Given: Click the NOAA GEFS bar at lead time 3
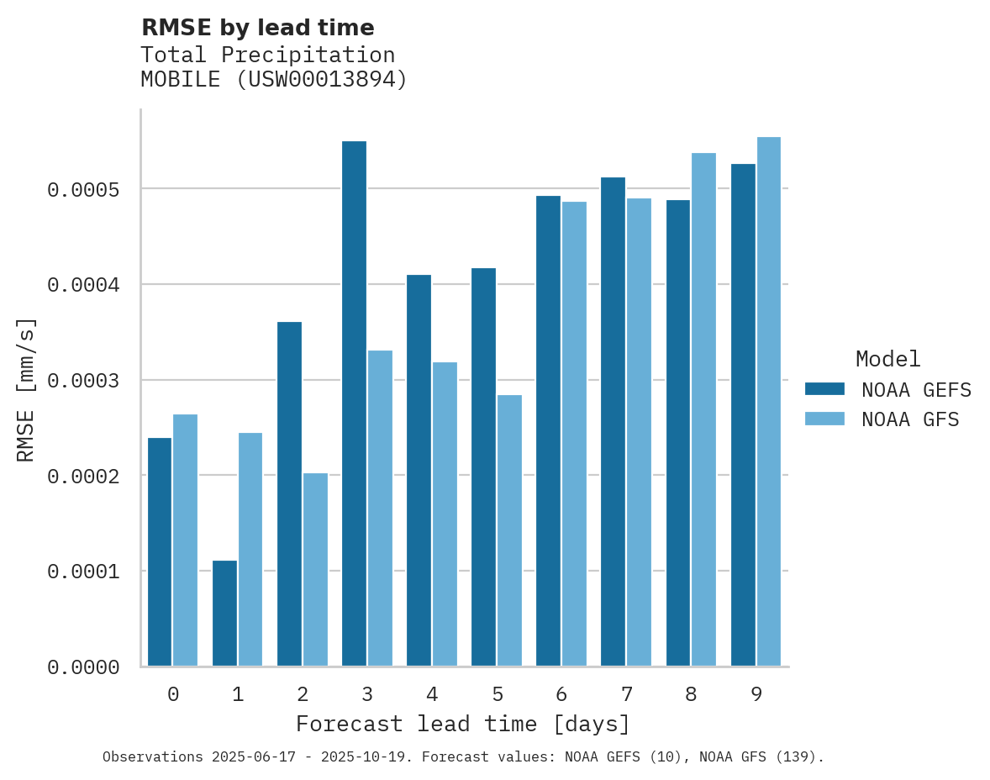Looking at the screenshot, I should click(354, 403).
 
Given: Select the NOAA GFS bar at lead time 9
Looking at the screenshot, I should click(768, 402).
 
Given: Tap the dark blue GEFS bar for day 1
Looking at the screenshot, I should click(224, 614).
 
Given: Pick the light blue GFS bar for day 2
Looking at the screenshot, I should click(315, 570).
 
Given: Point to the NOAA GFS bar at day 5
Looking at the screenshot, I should click(509, 530).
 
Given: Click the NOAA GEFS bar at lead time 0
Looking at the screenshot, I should click(160, 552).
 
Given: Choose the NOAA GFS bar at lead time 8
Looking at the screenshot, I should click(703, 409).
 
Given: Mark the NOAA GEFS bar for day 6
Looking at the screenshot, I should click(548, 431).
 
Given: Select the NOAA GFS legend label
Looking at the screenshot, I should click(910, 419).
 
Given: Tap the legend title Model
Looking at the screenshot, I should click(888, 360).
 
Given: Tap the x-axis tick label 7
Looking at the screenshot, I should click(627, 695).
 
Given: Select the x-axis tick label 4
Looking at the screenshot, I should click(432, 695).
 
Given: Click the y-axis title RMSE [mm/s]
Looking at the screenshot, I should click(26, 389).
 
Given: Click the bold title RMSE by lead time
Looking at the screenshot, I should click(257, 28).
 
